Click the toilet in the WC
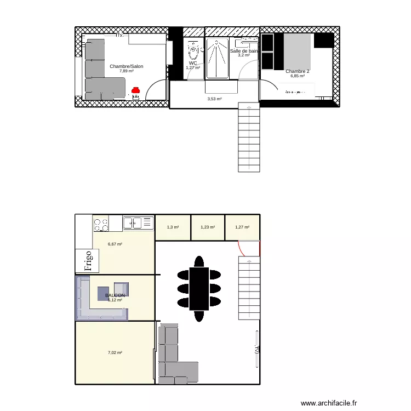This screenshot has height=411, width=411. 193,51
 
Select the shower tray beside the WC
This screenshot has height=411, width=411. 218,58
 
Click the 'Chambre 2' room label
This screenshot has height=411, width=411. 297,71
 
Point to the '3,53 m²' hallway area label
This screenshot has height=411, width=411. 214,99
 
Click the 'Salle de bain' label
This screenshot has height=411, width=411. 243,51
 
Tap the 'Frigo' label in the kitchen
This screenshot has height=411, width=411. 88,260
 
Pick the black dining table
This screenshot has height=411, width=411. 199,288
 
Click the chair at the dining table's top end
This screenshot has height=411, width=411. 199,260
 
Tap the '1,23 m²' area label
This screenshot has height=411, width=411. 208,227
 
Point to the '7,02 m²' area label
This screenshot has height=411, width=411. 115,352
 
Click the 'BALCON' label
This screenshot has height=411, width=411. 115,295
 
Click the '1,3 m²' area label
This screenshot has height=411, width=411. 172,227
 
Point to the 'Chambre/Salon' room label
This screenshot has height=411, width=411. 126,66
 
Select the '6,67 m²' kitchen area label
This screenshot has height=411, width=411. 115,244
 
